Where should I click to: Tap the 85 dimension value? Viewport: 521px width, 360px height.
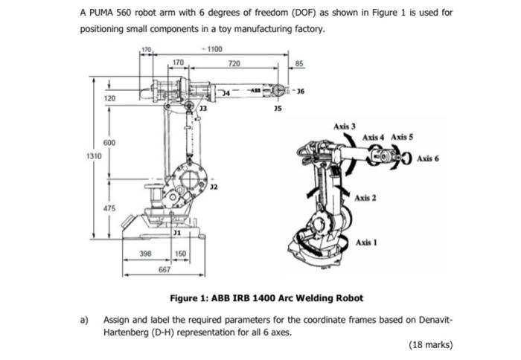tap(300, 62)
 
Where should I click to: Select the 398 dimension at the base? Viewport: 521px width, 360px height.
tap(147, 253)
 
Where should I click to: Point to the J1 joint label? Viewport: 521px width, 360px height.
tap(176, 234)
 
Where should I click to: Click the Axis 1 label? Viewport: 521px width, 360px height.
tap(366, 243)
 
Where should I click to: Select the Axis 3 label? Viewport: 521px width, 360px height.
tap(345, 126)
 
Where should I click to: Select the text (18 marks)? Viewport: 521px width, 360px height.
tap(431, 345)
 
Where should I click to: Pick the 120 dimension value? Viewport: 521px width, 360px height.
tap(109, 98)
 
